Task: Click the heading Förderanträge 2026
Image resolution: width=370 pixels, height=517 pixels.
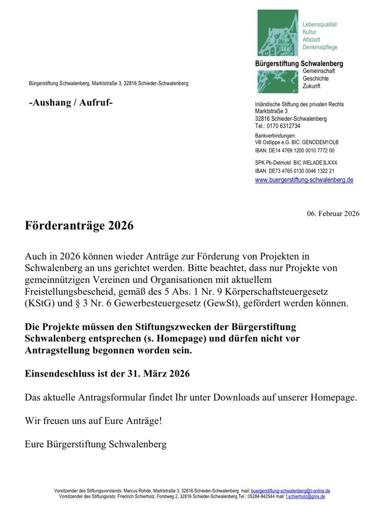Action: [79, 226]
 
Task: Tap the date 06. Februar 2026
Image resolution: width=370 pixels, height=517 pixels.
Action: [333, 214]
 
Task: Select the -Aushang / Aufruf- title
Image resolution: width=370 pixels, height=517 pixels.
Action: [71, 103]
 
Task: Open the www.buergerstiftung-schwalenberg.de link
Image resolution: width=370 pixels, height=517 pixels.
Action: [304, 180]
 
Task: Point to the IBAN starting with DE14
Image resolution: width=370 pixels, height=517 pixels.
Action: [295, 150]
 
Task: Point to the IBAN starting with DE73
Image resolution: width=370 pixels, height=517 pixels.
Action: [295, 171]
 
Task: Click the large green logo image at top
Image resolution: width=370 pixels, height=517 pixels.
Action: [277, 33]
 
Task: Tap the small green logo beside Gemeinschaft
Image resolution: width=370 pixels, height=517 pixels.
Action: [277, 81]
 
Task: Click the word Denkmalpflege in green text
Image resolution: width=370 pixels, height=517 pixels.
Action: [320, 47]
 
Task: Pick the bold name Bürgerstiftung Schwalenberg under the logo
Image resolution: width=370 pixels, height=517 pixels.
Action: [299, 64]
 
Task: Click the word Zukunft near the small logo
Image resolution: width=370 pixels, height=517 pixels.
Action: [312, 86]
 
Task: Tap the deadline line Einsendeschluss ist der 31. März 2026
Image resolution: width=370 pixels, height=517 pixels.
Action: [107, 374]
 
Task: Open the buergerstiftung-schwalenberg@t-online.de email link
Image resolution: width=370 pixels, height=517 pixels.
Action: [290, 491]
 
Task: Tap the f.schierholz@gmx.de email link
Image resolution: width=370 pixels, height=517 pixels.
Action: [305, 497]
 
